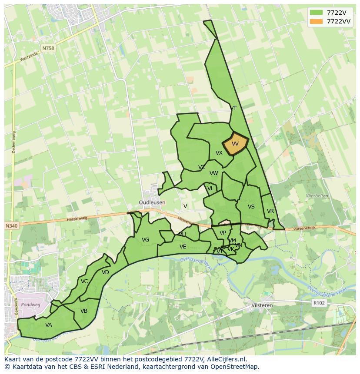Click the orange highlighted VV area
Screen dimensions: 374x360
click(x=235, y=144)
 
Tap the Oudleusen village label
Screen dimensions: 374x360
click(x=152, y=202)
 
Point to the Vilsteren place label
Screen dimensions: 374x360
click(x=262, y=305)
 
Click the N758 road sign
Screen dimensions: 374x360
click(x=48, y=48)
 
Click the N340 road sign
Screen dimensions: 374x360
click(x=12, y=226)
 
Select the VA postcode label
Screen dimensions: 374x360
click(x=49, y=324)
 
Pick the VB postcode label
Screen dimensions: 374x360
click(x=84, y=311)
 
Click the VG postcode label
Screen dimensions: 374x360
click(x=145, y=240)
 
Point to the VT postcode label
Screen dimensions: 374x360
click(x=233, y=108)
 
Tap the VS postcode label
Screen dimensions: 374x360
click(x=251, y=207)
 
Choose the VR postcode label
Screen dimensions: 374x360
click(x=270, y=211)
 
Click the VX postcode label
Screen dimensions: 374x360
click(x=219, y=153)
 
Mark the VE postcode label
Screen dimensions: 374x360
click(x=183, y=247)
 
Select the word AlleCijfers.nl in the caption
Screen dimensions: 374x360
click(x=226, y=359)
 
